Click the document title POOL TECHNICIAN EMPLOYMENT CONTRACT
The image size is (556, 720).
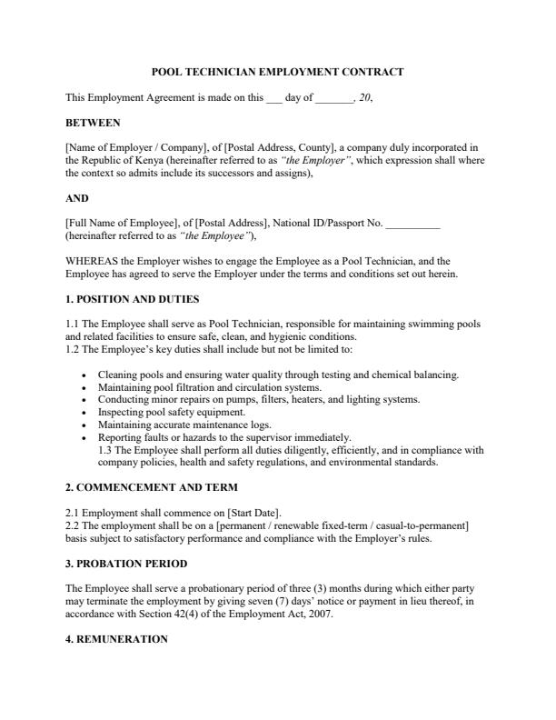pyautogui.click(x=277, y=71)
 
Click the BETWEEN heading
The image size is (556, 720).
pyautogui.click(x=93, y=122)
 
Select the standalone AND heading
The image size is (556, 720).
pyautogui.click(x=76, y=197)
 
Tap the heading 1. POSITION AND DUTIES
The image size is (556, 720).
pyautogui.click(x=133, y=298)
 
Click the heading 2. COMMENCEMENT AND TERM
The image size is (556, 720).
pyautogui.click(x=152, y=487)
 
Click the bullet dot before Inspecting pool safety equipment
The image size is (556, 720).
pyautogui.click(x=84, y=412)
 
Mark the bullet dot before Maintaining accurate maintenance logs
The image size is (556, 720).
pyautogui.click(x=84, y=425)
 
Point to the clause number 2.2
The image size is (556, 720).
pyautogui.click(x=74, y=525)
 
